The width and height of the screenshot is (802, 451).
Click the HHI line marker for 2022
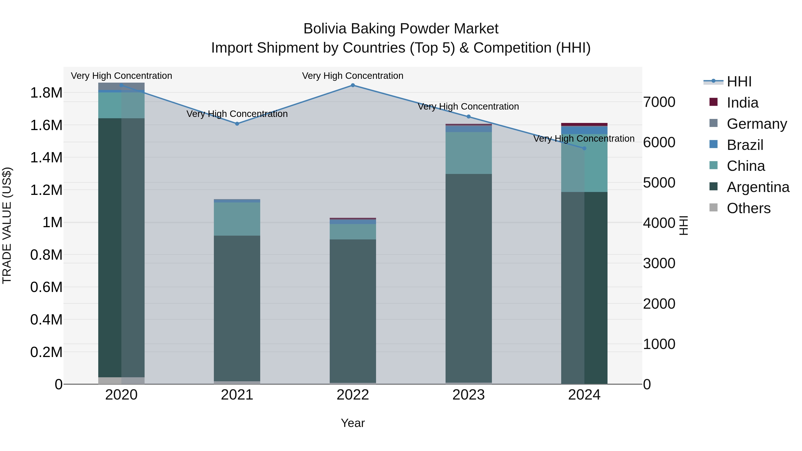point(353,85)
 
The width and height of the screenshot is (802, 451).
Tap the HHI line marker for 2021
point(237,124)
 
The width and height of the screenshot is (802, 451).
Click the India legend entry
point(742,103)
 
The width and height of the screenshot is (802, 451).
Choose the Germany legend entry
point(757,124)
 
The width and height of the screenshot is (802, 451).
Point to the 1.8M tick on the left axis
point(46,93)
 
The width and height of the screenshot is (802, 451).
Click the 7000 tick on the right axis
point(659,102)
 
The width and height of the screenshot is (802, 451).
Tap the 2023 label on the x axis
point(468,395)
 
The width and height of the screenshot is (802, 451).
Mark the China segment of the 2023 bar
point(468,153)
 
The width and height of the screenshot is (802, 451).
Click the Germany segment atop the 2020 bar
point(121,86)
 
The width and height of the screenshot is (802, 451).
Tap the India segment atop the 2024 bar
point(584,124)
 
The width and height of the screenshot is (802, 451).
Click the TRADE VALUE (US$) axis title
point(7,225)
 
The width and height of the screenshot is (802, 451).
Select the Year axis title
point(353,423)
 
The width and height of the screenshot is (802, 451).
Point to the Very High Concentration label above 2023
point(468,106)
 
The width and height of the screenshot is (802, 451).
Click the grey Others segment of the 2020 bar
point(121,380)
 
